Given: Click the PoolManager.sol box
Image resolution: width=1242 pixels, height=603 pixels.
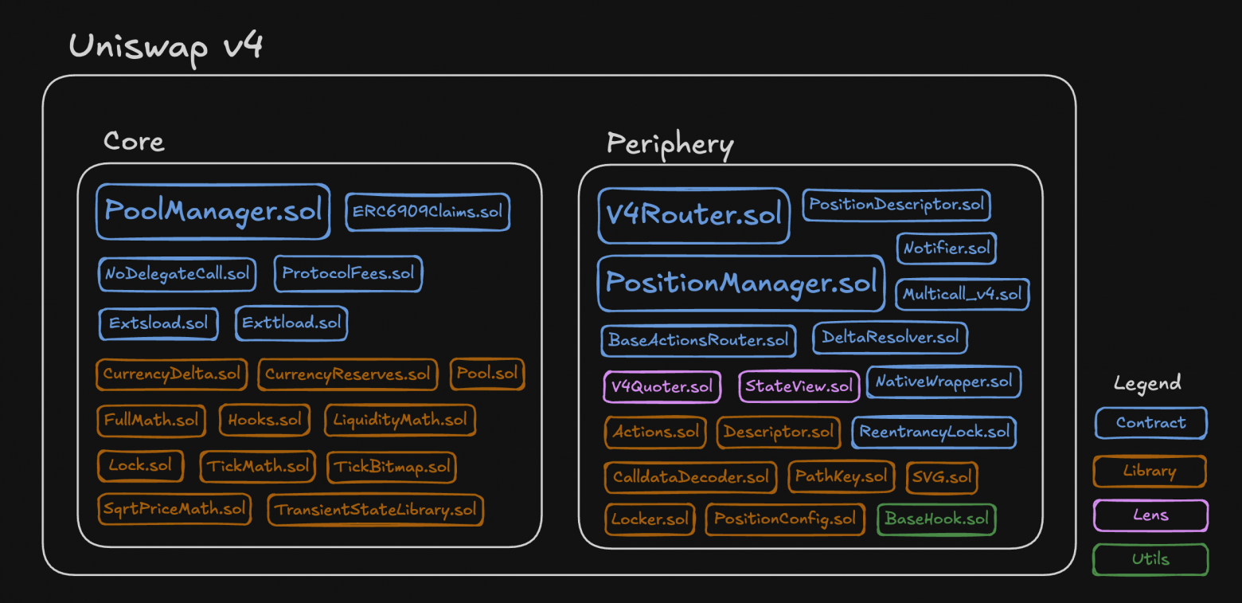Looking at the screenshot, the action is (x=213, y=211).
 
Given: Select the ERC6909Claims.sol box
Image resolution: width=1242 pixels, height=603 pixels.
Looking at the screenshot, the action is (x=428, y=211).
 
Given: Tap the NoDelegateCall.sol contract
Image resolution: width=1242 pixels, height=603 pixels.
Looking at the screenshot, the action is (x=177, y=273).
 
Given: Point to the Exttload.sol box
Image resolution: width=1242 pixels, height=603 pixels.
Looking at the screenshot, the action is (x=291, y=323).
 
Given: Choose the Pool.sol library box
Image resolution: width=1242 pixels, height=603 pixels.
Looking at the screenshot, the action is (x=487, y=374).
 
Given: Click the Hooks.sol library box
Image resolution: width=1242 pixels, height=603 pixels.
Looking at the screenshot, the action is (x=264, y=420).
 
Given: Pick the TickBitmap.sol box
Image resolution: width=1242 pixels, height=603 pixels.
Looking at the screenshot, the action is (x=392, y=467).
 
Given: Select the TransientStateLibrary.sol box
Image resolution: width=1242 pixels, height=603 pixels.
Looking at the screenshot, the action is (x=375, y=510).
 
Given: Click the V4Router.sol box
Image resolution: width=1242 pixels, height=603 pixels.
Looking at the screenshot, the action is (x=693, y=215).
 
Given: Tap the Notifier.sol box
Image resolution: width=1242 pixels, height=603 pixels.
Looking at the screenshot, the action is (x=947, y=248).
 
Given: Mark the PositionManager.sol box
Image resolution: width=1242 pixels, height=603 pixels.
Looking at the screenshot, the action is (x=740, y=283).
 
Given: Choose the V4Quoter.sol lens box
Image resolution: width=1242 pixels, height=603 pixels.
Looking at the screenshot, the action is (x=662, y=386).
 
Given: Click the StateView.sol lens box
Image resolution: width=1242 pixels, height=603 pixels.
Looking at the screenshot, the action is (x=799, y=386).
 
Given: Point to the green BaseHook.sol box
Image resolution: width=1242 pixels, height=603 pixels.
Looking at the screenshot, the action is (x=936, y=519).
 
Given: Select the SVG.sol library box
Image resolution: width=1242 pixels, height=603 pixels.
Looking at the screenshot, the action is (x=942, y=477).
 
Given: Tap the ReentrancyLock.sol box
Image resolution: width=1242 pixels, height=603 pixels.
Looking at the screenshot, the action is (x=934, y=433).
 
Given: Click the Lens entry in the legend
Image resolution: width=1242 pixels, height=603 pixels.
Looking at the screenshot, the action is (x=1150, y=515).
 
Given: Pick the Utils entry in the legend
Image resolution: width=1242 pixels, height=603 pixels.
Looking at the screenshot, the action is (x=1150, y=559).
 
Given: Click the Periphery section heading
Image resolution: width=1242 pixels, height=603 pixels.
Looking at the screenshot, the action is (x=670, y=144).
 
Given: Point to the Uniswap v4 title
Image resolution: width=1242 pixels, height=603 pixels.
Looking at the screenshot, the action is (x=166, y=48).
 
